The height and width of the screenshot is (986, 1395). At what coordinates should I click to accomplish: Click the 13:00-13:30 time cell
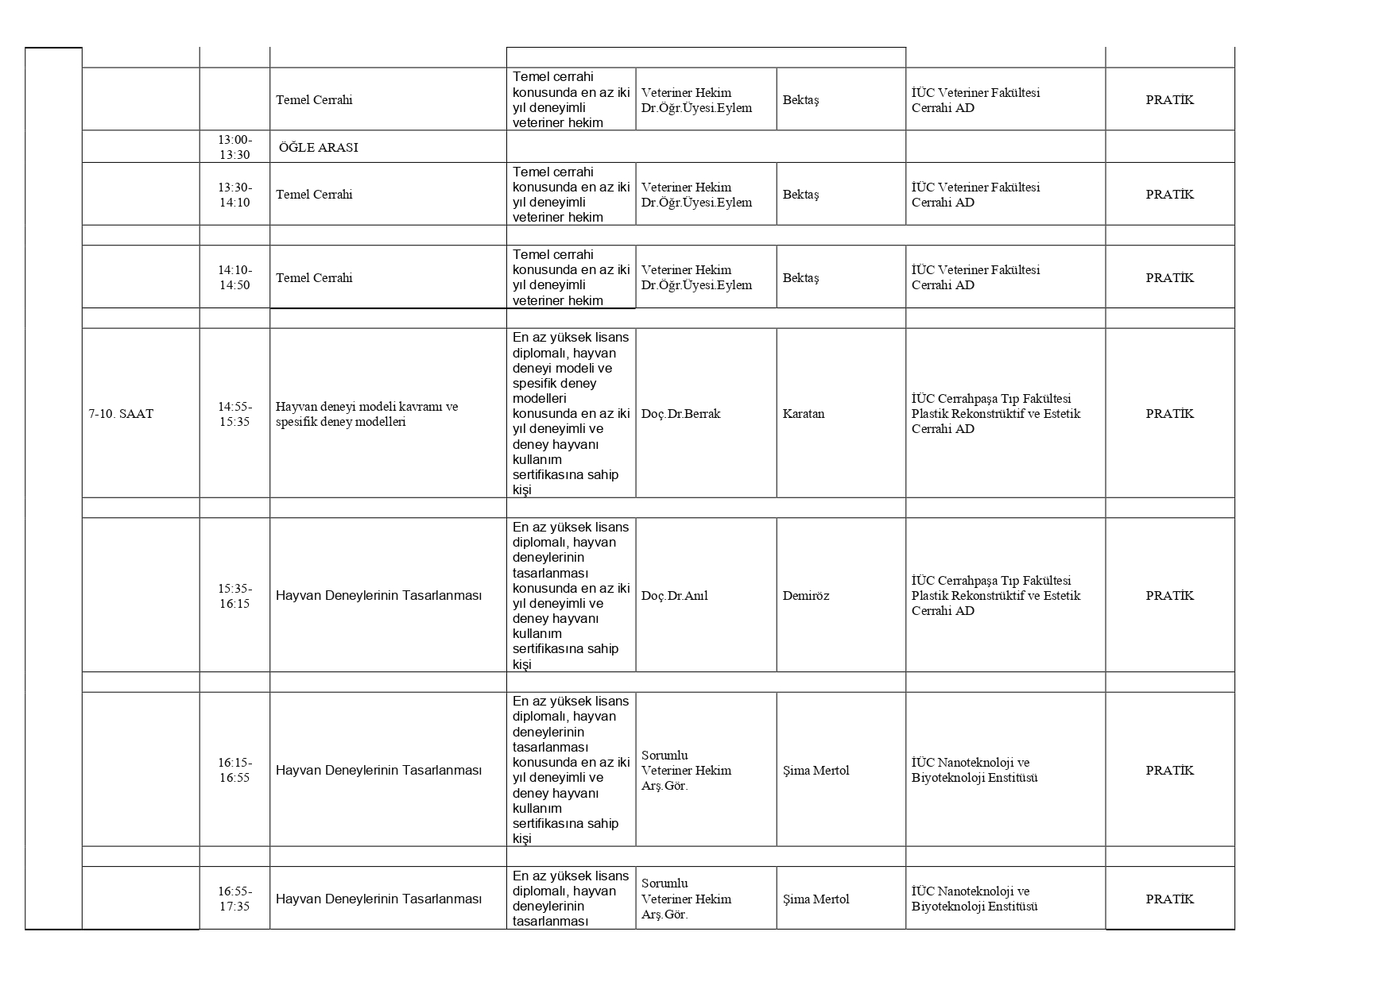[234, 147]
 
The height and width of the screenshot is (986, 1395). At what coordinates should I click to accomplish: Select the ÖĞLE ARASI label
[319, 148]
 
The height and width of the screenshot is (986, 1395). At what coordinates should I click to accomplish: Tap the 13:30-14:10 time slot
[234, 195]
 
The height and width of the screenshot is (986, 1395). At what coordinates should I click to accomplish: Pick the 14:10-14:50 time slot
[234, 277]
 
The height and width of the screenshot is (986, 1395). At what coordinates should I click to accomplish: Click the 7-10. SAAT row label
[121, 414]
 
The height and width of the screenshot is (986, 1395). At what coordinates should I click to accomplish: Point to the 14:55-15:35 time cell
[234, 414]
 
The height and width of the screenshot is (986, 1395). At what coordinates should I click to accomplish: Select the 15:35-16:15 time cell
[234, 596]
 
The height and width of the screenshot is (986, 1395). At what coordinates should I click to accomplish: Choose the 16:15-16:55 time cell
[234, 770]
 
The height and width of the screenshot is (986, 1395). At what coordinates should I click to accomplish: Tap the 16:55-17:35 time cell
[234, 899]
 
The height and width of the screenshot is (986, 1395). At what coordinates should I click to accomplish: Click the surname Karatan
[804, 414]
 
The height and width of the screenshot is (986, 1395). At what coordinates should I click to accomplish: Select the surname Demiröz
[806, 596]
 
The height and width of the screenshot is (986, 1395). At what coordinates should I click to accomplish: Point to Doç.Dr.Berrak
[680, 414]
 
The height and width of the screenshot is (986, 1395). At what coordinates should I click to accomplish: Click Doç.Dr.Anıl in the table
[675, 596]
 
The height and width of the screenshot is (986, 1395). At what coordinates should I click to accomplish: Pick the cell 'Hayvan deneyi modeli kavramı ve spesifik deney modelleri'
[366, 414]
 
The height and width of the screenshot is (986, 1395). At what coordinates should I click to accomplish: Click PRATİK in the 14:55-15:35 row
[1169, 414]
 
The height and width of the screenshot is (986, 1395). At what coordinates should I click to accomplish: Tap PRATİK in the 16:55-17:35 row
[1169, 899]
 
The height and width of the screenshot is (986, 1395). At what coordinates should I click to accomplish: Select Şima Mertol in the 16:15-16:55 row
[816, 771]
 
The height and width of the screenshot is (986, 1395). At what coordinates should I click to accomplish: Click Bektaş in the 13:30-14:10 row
[800, 195]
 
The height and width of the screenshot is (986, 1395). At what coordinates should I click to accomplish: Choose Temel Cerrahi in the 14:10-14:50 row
[314, 278]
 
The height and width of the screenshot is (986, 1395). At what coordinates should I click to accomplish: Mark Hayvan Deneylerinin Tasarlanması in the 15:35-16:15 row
[378, 596]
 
